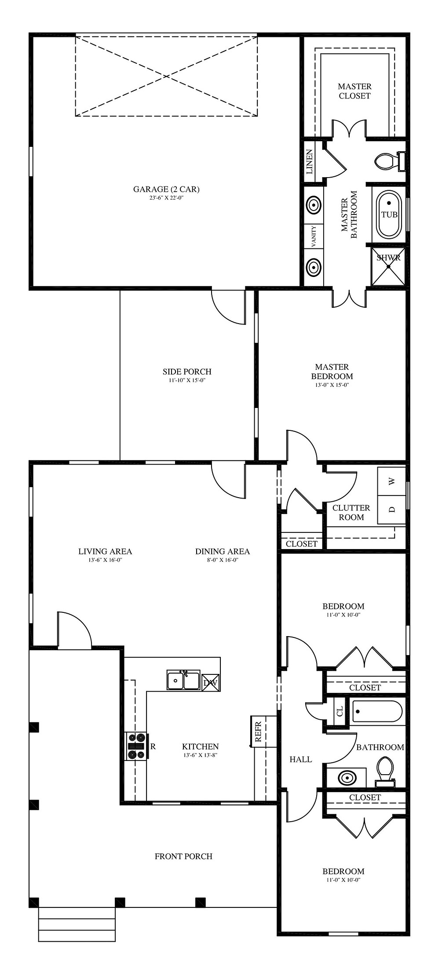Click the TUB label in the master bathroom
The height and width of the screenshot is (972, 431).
(389, 215)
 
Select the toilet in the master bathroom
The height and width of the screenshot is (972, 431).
(390, 161)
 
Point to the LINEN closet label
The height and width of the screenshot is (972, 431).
(310, 162)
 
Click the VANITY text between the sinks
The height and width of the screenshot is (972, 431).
(314, 237)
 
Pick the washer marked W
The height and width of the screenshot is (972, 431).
(391, 481)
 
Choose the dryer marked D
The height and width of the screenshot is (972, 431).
(391, 510)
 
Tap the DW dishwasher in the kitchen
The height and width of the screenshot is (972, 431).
(210, 683)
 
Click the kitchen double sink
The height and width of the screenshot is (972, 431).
(183, 680)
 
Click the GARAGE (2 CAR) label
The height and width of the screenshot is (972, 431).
(166, 189)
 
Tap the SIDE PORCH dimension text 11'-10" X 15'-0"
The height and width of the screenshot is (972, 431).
(187, 380)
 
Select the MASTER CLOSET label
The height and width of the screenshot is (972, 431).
(354, 91)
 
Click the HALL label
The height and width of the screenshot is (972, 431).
(301, 759)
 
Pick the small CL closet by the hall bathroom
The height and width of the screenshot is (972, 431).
(340, 711)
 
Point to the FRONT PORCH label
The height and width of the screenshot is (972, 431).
(183, 856)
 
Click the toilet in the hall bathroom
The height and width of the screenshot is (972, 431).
(385, 772)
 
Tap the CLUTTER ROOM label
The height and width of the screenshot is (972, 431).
(351, 513)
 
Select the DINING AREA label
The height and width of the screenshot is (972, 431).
(223, 551)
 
